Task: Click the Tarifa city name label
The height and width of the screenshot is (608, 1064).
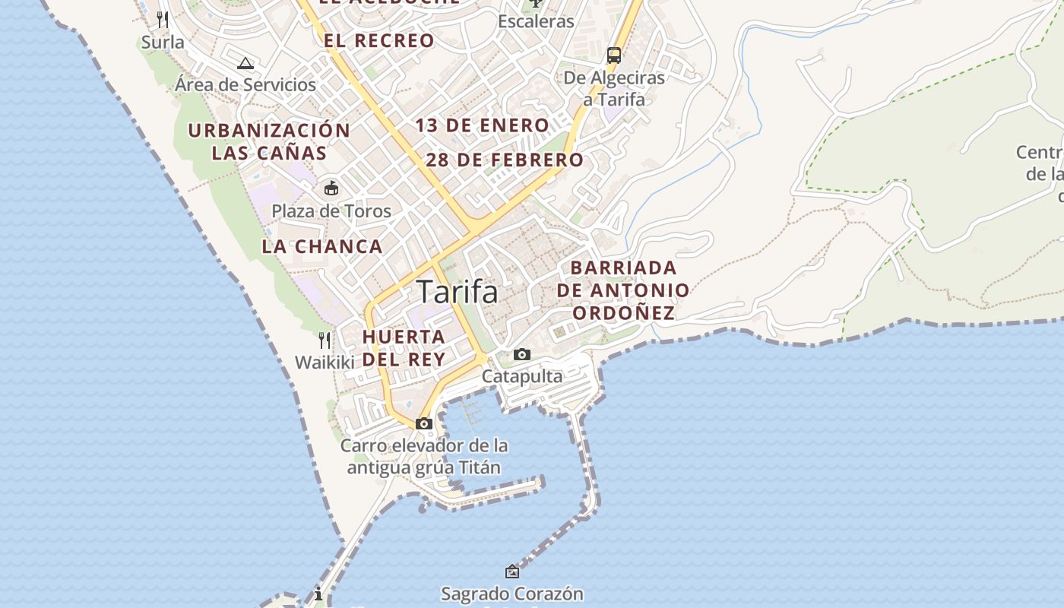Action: click(458, 292)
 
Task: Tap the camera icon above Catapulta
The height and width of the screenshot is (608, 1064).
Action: click(521, 354)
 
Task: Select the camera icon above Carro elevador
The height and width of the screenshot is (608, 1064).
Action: click(424, 423)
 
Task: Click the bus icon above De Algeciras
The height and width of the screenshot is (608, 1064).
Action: click(613, 55)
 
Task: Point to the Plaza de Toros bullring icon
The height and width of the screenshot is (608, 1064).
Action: click(331, 188)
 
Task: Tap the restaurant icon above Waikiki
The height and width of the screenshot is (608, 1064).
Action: click(325, 340)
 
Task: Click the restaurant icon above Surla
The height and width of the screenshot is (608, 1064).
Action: click(163, 19)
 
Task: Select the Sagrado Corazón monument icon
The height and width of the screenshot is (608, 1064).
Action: click(512, 572)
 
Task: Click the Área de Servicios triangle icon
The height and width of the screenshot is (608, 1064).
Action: click(245, 63)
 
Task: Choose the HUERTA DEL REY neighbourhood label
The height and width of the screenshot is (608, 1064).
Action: click(404, 347)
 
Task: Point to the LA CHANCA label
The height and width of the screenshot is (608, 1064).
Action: click(322, 246)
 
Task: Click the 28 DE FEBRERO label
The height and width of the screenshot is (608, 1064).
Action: click(505, 160)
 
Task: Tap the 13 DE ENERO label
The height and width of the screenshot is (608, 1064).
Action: click(482, 125)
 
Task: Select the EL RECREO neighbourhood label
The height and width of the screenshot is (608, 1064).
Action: click(379, 41)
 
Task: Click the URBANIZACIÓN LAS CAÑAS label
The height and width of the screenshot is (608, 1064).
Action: click(269, 141)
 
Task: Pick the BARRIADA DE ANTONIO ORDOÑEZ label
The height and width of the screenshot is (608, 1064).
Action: click(623, 290)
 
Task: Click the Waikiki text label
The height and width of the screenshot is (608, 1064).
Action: click(325, 363)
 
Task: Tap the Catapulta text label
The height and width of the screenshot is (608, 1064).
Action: click(522, 376)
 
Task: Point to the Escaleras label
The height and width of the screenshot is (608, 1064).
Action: click(536, 21)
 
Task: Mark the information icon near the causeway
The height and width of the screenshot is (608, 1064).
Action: click(318, 594)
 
